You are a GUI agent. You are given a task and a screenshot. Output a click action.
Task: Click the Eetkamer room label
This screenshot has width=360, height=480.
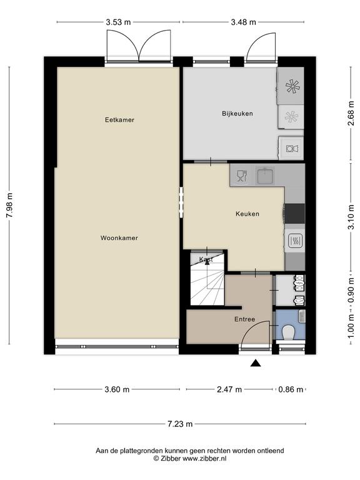[x=119, y=120]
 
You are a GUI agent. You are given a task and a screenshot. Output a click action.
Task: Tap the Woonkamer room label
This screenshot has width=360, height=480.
[x=119, y=238]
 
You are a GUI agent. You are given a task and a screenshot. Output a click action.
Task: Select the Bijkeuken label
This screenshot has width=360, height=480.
[x=237, y=114]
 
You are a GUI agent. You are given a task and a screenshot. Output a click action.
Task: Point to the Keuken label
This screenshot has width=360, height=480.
[x=247, y=214]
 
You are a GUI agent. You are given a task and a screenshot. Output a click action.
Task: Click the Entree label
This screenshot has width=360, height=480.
[x=244, y=319]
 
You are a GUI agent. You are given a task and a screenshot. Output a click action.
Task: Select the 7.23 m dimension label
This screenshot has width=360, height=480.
[x=180, y=424]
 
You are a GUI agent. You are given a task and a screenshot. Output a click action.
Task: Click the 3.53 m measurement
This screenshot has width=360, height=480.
[x=118, y=22]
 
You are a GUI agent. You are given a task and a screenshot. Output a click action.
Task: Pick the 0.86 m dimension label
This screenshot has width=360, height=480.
[x=291, y=389]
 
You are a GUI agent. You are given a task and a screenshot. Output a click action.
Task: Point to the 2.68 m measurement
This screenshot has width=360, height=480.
[x=351, y=113]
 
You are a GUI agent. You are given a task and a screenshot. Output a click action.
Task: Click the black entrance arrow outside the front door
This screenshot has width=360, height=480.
[x=256, y=363]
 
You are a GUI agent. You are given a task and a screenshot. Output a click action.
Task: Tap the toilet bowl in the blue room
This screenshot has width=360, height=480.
[x=288, y=332]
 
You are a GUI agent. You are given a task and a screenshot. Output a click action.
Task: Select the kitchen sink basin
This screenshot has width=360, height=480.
[x=266, y=176]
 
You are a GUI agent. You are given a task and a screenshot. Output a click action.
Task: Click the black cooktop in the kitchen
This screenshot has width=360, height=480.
[x=294, y=213]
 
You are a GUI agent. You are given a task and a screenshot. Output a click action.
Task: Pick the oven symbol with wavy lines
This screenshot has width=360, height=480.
[x=296, y=241]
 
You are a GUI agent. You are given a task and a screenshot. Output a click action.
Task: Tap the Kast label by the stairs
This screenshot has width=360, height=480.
[x=206, y=259]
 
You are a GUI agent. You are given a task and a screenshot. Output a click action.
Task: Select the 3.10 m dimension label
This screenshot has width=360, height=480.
[x=351, y=217]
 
